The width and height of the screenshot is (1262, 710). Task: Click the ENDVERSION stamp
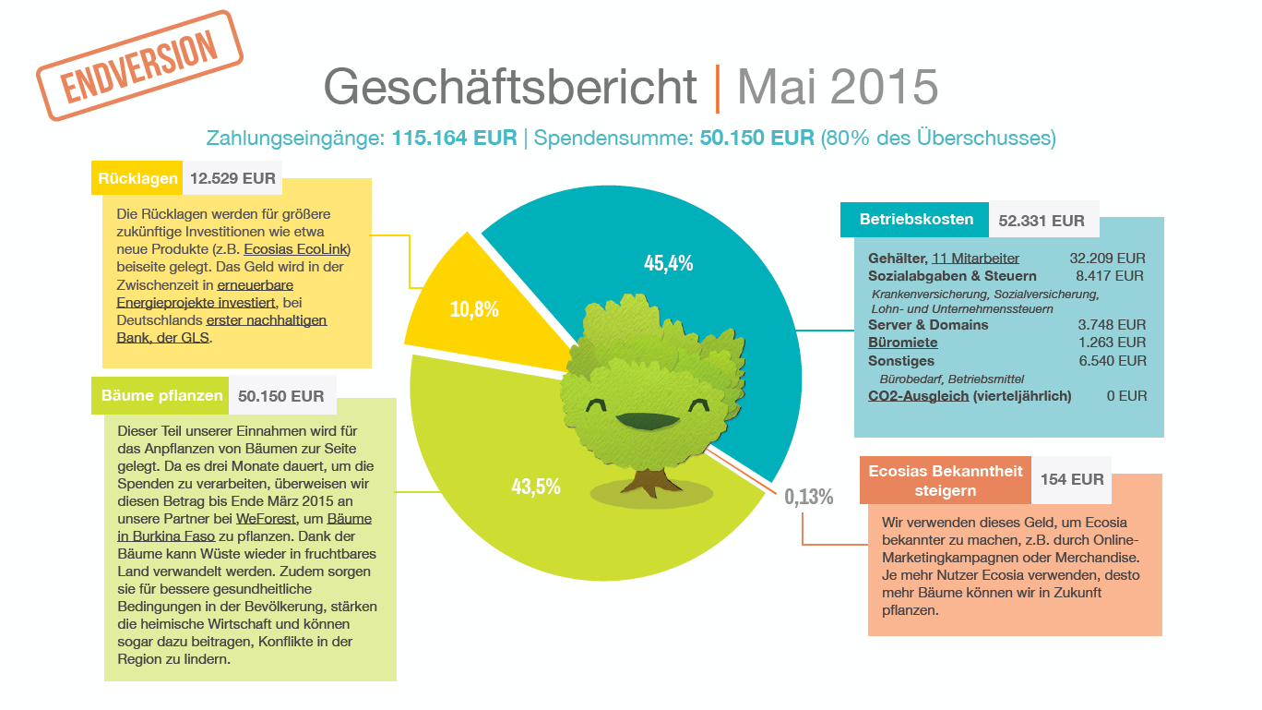(x=139, y=66)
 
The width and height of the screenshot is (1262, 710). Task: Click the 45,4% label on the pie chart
(x=668, y=263)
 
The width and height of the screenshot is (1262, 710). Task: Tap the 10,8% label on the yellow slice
(x=474, y=309)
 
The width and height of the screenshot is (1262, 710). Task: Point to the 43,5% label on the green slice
(x=536, y=487)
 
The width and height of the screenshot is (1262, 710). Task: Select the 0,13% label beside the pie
(x=808, y=497)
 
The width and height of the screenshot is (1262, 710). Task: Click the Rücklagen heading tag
(x=137, y=178)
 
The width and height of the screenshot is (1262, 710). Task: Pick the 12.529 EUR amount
(x=232, y=178)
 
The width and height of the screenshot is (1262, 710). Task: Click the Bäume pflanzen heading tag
(x=161, y=395)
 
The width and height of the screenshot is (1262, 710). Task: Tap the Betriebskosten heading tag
(x=915, y=220)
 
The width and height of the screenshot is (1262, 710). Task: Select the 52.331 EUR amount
(x=1042, y=221)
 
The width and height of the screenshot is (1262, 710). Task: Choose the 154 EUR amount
(x=1072, y=479)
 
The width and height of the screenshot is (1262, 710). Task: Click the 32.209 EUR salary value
(x=1108, y=259)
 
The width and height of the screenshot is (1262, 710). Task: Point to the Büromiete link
(x=902, y=343)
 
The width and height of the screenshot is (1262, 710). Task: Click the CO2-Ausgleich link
(x=918, y=396)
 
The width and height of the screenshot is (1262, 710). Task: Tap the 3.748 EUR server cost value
(x=1112, y=325)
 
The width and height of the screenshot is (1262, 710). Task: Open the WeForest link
(x=266, y=519)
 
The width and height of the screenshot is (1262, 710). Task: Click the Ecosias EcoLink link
(x=296, y=249)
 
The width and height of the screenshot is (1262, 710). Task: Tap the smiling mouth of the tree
(x=647, y=421)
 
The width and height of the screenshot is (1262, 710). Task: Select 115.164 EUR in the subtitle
(x=454, y=138)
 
